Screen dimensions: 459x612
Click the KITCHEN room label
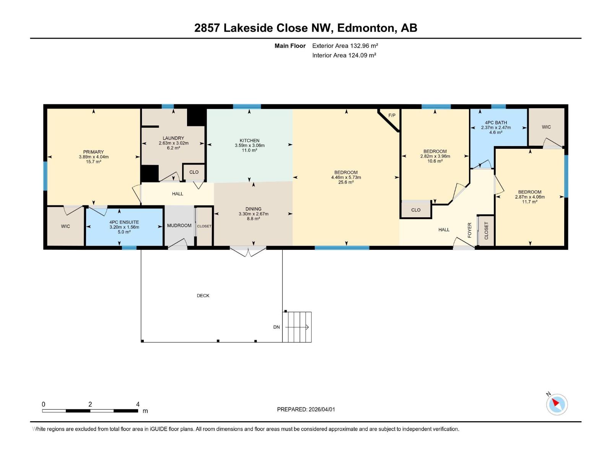coord(249,140)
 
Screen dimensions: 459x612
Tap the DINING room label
coord(253,209)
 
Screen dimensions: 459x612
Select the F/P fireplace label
coord(392,115)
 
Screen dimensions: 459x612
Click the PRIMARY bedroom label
coord(93,152)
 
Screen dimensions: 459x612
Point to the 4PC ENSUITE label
coord(124,222)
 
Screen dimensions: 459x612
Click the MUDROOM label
coord(179,226)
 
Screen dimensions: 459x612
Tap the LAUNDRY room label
coord(173,138)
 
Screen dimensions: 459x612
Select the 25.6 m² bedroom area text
coord(346,182)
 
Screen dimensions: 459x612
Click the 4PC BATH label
coord(496,123)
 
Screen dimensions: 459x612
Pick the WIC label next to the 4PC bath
coord(546,127)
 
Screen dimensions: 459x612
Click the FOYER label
coord(470,230)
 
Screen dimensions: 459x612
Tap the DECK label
coord(203,296)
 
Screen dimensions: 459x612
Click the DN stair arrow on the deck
coord(297,327)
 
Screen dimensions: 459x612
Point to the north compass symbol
coord(557,404)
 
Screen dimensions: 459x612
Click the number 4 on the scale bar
coord(138,404)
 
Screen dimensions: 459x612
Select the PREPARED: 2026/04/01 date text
coord(306,409)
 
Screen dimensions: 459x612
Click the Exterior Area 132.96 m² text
coord(345,46)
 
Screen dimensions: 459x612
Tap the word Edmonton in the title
coord(366,28)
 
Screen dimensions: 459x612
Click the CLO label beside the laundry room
coord(194,172)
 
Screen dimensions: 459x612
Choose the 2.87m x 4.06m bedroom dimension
coord(530,197)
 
